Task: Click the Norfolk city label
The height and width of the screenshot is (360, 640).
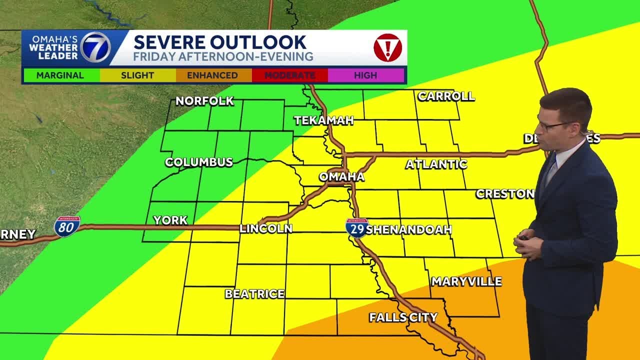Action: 204,101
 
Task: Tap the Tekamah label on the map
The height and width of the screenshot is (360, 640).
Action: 323,120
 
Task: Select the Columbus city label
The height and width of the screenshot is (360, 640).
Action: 199,162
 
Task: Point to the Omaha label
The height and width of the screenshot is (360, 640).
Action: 341,176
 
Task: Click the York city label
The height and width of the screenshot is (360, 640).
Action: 170,220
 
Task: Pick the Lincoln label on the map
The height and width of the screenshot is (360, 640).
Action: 265,228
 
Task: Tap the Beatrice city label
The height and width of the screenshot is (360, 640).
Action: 254,294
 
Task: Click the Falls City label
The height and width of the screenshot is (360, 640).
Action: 403,317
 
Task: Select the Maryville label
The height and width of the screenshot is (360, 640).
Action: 466,281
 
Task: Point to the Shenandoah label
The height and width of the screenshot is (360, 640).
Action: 409,229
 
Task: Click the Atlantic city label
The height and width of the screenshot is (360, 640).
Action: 436,164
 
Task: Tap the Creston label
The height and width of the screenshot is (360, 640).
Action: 505,193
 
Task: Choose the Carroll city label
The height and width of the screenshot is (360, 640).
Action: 446,96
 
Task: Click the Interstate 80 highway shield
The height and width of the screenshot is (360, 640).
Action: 67,226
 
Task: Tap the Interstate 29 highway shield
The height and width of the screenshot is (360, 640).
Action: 356,227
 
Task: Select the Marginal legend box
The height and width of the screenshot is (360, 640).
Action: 60,75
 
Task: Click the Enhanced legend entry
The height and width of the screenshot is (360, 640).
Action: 212,75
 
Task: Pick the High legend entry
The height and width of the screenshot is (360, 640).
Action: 365,75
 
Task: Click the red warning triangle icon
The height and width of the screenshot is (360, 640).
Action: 387,48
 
